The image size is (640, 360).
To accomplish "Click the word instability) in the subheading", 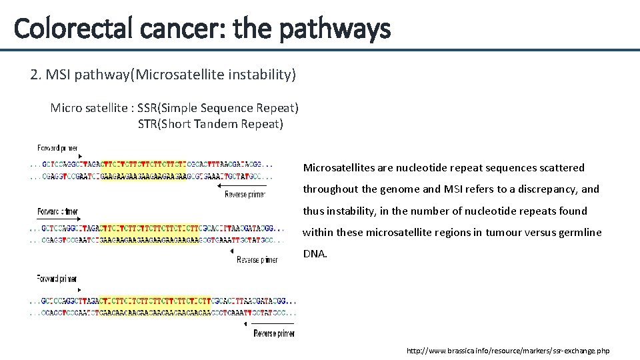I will pyautogui.click(x=262, y=75).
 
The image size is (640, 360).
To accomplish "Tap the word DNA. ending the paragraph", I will pyautogui.click(x=315, y=254).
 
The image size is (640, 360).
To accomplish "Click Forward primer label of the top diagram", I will pyautogui.click(x=57, y=147).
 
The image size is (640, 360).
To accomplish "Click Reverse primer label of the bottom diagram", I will pyautogui.click(x=274, y=333).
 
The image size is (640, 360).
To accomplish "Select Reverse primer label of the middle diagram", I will pyautogui.click(x=257, y=260).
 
